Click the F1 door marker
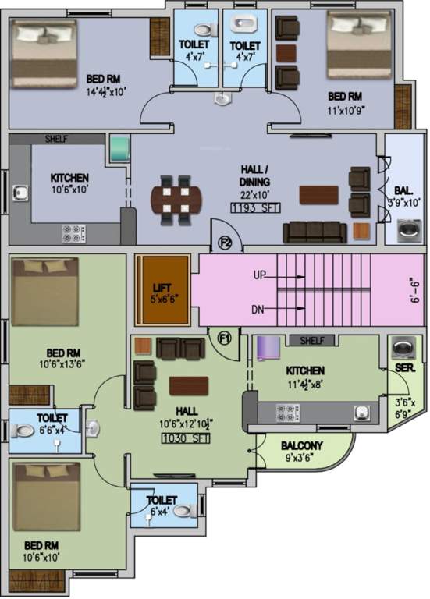click(225, 338)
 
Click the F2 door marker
click(225, 243)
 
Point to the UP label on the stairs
click(261, 275)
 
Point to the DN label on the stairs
click(259, 310)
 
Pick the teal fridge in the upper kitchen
click(119, 149)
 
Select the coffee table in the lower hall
click(189, 385)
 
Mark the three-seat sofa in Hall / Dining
click(315, 231)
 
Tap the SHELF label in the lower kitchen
click(311, 341)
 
